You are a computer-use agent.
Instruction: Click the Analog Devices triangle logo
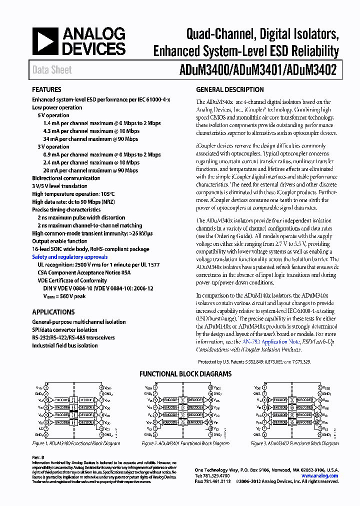tap(46, 41)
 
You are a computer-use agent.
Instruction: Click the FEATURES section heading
tap(47, 90)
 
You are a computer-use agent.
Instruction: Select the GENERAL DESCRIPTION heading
tap(230, 90)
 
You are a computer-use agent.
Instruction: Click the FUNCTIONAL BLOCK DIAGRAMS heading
tap(185, 373)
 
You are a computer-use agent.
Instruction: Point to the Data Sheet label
tap(52, 70)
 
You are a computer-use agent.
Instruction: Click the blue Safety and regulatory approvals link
tap(70, 257)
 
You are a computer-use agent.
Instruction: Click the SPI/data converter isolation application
tap(65, 330)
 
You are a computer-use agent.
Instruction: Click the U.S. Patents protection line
tap(254, 361)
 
